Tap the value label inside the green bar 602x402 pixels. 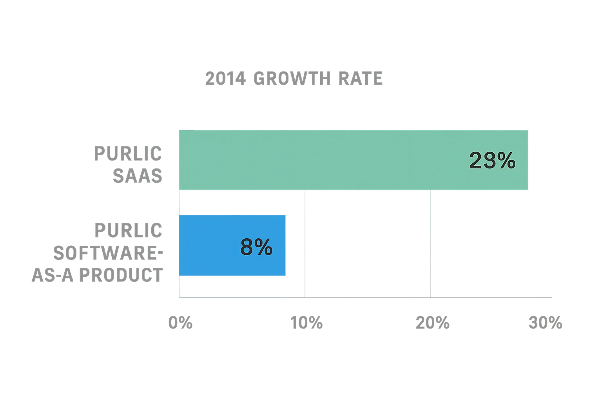click(x=492, y=161)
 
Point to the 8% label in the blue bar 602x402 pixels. click(x=256, y=247)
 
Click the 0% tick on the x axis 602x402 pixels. click(x=179, y=323)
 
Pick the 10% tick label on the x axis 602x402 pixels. click(x=306, y=323)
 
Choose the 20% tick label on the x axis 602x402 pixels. click(x=433, y=323)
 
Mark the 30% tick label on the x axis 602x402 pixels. click(x=546, y=323)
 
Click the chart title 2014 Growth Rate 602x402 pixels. click(x=294, y=78)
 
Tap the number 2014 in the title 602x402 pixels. click(x=226, y=78)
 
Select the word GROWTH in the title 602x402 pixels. click(x=292, y=78)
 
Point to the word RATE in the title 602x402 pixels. click(x=361, y=78)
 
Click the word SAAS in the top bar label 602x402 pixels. click(x=138, y=176)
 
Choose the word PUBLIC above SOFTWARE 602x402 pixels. click(x=128, y=230)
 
